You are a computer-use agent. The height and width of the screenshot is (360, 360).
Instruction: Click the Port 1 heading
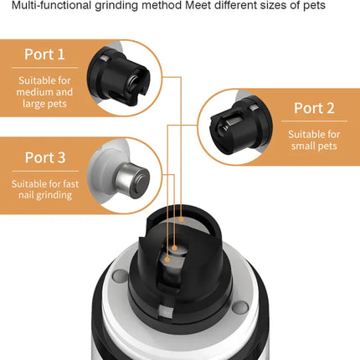pos(44,54)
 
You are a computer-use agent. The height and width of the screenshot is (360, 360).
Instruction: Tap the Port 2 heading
pos(314,108)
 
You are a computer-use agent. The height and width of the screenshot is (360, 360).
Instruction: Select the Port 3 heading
pos(45,157)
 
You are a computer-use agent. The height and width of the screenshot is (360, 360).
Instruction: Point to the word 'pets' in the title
pos(314,6)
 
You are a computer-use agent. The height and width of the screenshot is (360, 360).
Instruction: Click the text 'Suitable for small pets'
pos(314,140)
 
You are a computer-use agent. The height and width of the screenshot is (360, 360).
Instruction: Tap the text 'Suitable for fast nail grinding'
pos(45,189)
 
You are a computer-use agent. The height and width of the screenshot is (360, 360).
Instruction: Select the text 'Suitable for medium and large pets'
pos(44,92)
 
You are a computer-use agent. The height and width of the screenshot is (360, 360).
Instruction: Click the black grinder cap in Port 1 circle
pos(119,77)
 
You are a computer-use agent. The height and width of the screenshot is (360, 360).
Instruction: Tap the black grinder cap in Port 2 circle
pos(240,125)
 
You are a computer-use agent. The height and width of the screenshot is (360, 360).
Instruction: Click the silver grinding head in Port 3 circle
pos(132,181)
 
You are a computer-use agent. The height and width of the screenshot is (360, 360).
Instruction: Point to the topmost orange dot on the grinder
pos(182,219)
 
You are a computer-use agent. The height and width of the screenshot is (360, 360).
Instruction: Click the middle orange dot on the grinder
pos(174,248)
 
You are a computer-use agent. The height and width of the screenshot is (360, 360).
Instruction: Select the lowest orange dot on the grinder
pos(167,260)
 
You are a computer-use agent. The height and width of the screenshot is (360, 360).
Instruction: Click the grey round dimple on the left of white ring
pos(120,276)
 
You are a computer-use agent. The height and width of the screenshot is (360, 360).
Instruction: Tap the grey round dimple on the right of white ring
pos(240,307)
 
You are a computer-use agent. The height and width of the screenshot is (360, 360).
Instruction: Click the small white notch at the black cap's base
pos(166,311)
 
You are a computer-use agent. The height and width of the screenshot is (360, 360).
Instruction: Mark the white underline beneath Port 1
pos(45,68)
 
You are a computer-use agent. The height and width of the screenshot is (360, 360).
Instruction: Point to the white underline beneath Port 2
pos(314,121)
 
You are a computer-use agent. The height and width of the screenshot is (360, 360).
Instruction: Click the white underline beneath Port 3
pos(45,171)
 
